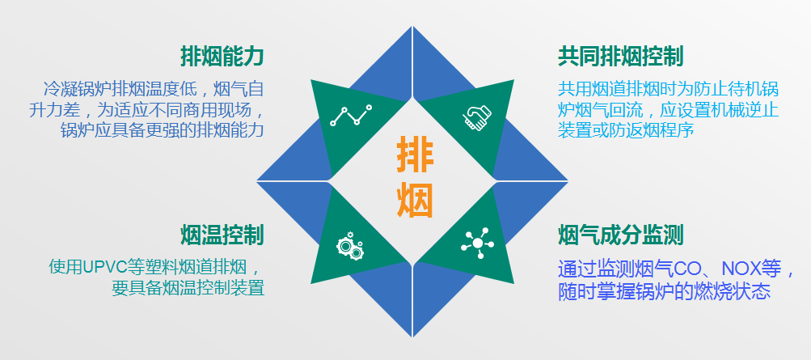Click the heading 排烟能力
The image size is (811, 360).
[x=222, y=57]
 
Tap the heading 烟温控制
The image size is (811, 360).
[x=222, y=235]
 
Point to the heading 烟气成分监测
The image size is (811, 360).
[x=621, y=235]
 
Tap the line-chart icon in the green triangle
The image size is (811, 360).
[x=351, y=116]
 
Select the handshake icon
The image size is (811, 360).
[x=477, y=117]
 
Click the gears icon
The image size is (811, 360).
[x=349, y=245]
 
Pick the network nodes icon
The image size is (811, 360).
[x=477, y=243]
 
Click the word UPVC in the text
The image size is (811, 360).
[x=109, y=268]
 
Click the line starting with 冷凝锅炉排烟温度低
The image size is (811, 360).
[x=154, y=89]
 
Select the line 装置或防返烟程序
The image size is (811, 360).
[x=625, y=129]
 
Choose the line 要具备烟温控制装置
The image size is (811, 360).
[x=188, y=287]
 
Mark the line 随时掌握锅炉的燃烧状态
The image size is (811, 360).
[x=664, y=292]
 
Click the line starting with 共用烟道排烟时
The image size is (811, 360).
[x=668, y=89]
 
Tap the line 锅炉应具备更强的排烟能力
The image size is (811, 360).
[x=163, y=129]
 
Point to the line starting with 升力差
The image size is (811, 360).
[x=147, y=109]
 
